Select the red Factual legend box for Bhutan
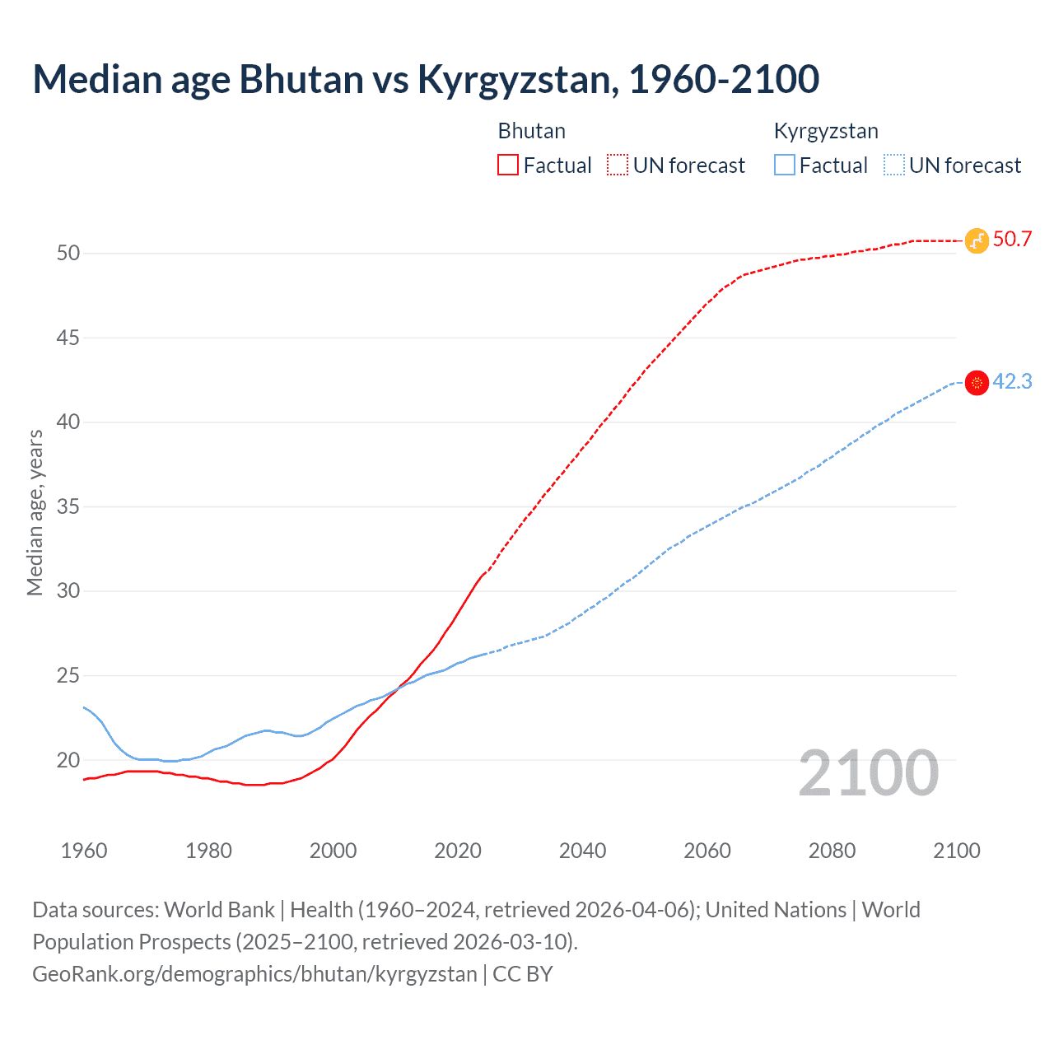pyautogui.click(x=508, y=165)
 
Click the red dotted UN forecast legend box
pyautogui.click(x=618, y=165)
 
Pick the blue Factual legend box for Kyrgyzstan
pyautogui.click(x=785, y=165)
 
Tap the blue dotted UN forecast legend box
pyautogui.click(x=893, y=165)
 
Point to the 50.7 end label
pyautogui.click(x=1012, y=240)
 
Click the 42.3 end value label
pyautogui.click(x=1012, y=381)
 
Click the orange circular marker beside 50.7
pyautogui.click(x=977, y=240)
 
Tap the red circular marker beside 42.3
pyautogui.click(x=977, y=382)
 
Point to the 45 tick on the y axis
pyautogui.click(x=68, y=338)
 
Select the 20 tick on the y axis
pyautogui.click(x=68, y=760)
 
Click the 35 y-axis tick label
pyautogui.click(x=68, y=506)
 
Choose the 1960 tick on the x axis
pyautogui.click(x=84, y=851)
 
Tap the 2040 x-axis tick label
pyautogui.click(x=582, y=851)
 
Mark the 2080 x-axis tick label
pyautogui.click(x=832, y=851)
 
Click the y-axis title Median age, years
pyautogui.click(x=35, y=512)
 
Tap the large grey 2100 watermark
pyautogui.click(x=868, y=773)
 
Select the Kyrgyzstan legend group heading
pyautogui.click(x=826, y=131)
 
